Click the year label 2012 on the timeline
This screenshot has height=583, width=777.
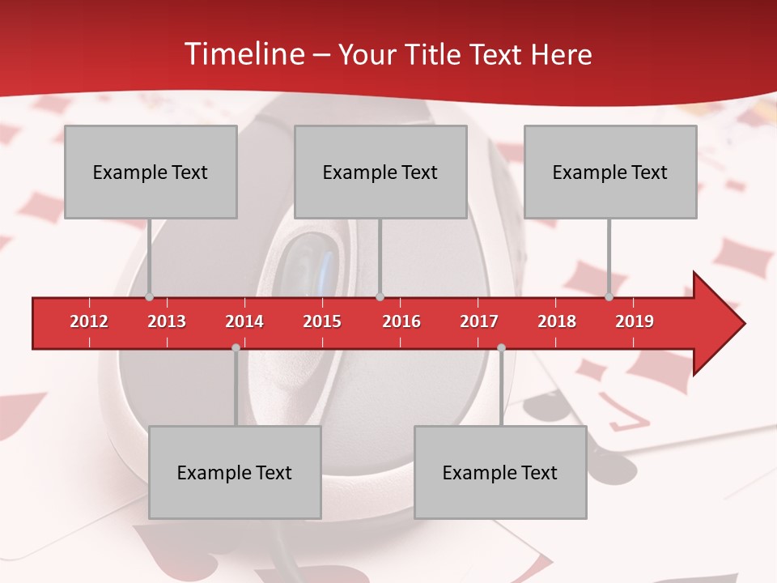tap(89, 321)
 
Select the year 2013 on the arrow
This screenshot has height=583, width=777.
tap(167, 321)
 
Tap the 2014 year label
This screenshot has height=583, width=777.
tap(244, 321)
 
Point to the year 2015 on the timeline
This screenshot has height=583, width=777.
tap(322, 321)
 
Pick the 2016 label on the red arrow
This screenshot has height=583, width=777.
tap(401, 321)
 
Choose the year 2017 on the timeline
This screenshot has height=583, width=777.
tap(479, 321)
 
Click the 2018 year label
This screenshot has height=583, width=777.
tap(557, 321)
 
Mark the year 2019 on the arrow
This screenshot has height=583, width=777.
tap(635, 321)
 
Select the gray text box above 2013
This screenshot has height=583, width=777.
tap(151, 172)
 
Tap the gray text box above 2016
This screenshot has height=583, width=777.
tap(380, 172)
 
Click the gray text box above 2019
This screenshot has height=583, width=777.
tap(610, 172)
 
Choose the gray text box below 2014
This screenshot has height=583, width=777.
tap(235, 472)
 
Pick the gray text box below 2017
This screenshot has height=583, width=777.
tap(500, 472)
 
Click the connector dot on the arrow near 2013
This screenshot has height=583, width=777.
tap(149, 297)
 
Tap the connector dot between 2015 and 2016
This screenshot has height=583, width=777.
tap(380, 297)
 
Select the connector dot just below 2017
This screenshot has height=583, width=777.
tap(501, 347)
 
